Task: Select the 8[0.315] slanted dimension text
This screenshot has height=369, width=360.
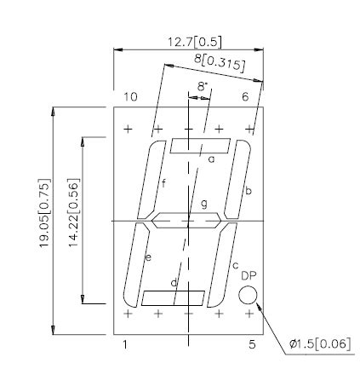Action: click(x=220, y=63)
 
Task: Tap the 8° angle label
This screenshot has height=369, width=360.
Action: click(x=202, y=87)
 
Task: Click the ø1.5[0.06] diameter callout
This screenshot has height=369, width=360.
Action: click(x=320, y=343)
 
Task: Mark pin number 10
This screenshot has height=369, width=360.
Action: click(x=130, y=97)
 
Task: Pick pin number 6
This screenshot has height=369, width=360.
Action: click(x=245, y=97)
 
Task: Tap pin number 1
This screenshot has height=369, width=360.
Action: click(x=126, y=344)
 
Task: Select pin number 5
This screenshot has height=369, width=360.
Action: click(x=252, y=344)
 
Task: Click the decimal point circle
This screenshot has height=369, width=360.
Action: click(x=248, y=295)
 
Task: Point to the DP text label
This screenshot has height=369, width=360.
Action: click(x=249, y=276)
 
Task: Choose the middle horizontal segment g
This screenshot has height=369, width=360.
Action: click(x=186, y=221)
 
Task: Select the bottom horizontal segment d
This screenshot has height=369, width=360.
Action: click(x=173, y=297)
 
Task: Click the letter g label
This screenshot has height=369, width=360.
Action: click(x=203, y=204)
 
